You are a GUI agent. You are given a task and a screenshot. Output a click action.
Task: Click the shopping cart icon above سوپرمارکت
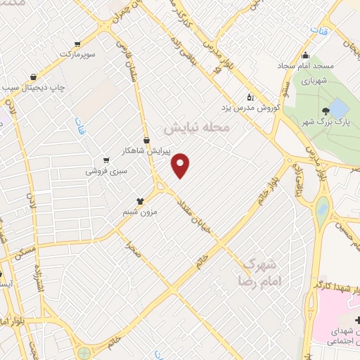(87, 43)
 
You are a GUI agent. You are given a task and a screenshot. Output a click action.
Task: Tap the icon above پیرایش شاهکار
(146, 139)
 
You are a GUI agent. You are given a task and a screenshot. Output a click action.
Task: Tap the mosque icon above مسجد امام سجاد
(305, 56)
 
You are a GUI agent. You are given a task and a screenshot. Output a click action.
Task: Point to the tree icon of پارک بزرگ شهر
(326, 111)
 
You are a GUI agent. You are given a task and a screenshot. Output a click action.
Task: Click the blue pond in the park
(339, 108)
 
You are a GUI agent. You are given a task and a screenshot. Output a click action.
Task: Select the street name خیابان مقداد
(202, 214)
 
